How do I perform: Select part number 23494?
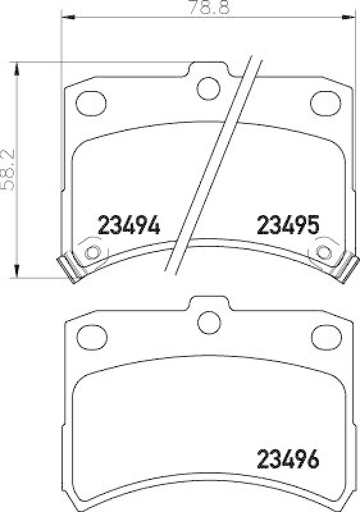128,225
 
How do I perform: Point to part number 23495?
288,225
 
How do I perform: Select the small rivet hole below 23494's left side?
92,252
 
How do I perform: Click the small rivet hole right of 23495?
323,252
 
